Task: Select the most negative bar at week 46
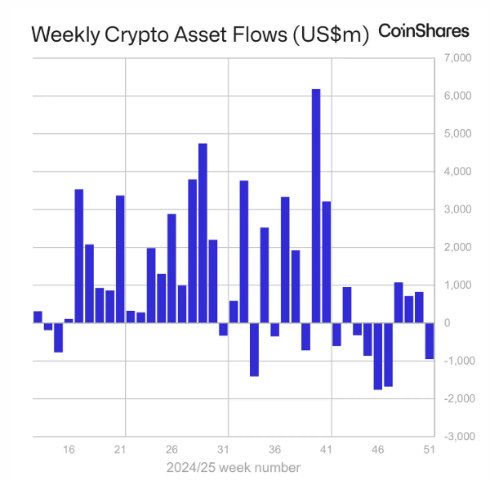point(378,356)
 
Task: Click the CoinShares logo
point(424,31)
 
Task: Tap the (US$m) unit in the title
point(335,34)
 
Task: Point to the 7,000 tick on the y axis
point(457,58)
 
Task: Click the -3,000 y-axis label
point(456,437)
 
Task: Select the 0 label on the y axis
point(447,323)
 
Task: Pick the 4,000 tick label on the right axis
point(457,172)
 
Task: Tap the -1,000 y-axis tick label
point(456,361)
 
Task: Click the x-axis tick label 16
point(69,450)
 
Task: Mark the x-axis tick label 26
point(171,450)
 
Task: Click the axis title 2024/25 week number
point(234,467)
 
